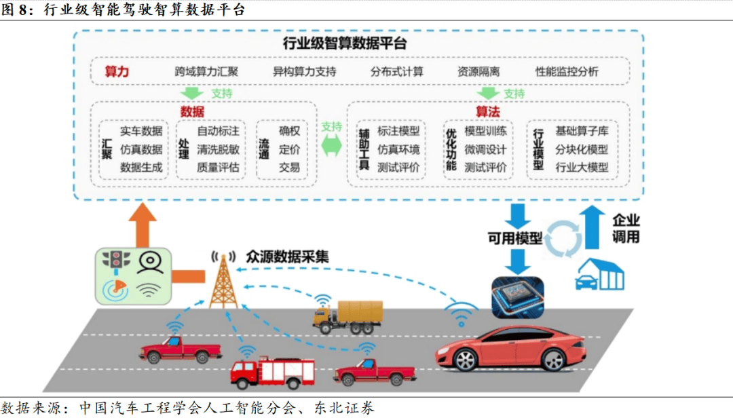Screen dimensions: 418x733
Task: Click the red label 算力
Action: pyautogui.click(x=117, y=71)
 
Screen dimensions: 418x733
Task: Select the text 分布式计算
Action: pyautogui.click(x=396, y=71)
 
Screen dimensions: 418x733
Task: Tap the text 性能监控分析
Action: pyautogui.click(x=567, y=71)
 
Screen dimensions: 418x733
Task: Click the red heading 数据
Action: pyautogui.click(x=192, y=112)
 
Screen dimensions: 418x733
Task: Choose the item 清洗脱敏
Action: pyautogui.click(x=218, y=149)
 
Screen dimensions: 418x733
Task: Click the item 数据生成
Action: pyautogui.click(x=141, y=167)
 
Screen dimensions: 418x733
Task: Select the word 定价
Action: pyautogui.click(x=289, y=149)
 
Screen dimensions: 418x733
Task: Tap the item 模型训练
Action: pyautogui.click(x=485, y=131)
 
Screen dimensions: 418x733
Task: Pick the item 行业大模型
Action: pyautogui.click(x=582, y=167)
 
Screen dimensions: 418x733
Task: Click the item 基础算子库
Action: pyautogui.click(x=582, y=131)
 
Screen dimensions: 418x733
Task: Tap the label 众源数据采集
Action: pyautogui.click(x=288, y=256)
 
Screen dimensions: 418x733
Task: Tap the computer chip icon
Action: pyautogui.click(x=517, y=297)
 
